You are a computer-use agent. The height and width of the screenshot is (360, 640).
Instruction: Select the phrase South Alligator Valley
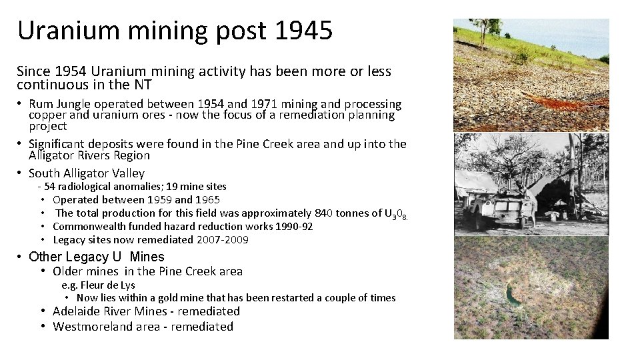click(87, 173)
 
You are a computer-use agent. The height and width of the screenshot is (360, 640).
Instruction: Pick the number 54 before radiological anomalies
click(49, 187)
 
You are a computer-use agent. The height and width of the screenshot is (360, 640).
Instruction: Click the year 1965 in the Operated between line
click(207, 200)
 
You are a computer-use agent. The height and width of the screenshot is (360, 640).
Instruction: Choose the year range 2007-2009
click(223, 240)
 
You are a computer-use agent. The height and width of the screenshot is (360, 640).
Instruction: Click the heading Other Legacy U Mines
click(97, 257)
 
